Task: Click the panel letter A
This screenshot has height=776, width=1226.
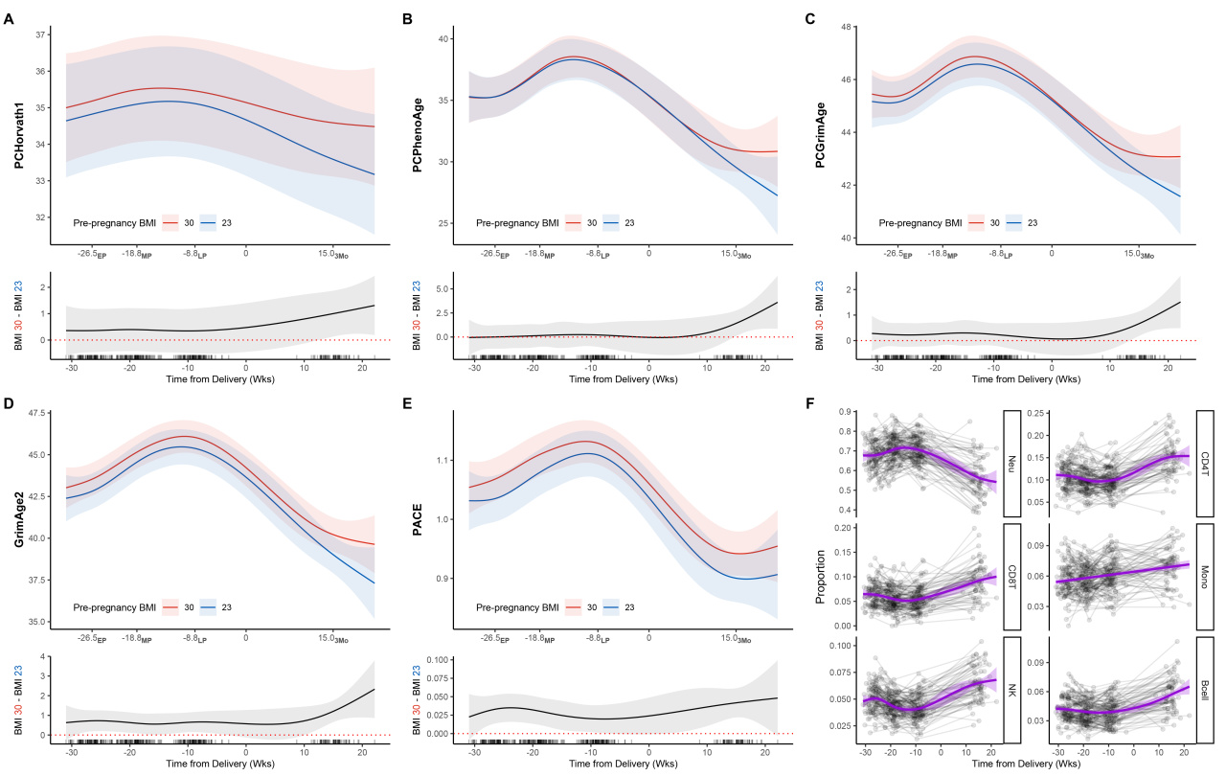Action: (9, 18)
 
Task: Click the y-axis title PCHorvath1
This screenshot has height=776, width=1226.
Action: (19, 129)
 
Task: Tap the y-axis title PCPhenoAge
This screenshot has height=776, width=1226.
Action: (418, 129)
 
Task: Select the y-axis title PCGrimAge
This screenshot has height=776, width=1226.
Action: (820, 129)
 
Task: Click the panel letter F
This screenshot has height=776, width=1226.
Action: (812, 405)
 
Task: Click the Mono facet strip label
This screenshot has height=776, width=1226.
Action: (1204, 575)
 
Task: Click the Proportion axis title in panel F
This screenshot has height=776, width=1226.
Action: (821, 575)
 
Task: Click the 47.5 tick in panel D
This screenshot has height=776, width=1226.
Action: (39, 413)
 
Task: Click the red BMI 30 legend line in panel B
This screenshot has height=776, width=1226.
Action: (575, 222)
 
